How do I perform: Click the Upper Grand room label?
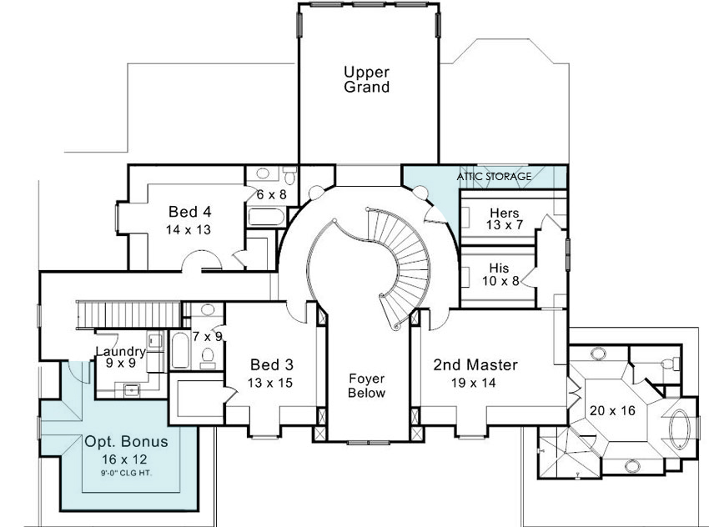coord(366,79)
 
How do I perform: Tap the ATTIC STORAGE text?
coord(494,176)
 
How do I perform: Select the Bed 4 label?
coord(190,212)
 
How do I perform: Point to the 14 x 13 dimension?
coord(189,229)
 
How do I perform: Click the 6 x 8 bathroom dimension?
coord(271,195)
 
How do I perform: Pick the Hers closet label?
coord(505,213)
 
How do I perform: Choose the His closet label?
coord(499,268)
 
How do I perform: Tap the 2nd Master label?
coord(475,364)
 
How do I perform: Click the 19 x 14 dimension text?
coord(474,383)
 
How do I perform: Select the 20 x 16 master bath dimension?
coord(612,410)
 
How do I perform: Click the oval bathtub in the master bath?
coord(678,429)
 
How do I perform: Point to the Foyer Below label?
coord(367,385)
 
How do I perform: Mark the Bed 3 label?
coord(271,364)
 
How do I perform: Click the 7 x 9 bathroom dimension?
coord(208,337)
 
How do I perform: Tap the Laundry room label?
coord(121,351)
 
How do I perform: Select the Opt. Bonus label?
coord(126,442)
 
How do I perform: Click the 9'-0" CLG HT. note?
coord(126,473)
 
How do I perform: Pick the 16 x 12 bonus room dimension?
coord(124,459)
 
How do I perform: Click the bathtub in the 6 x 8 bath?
coord(266,217)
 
